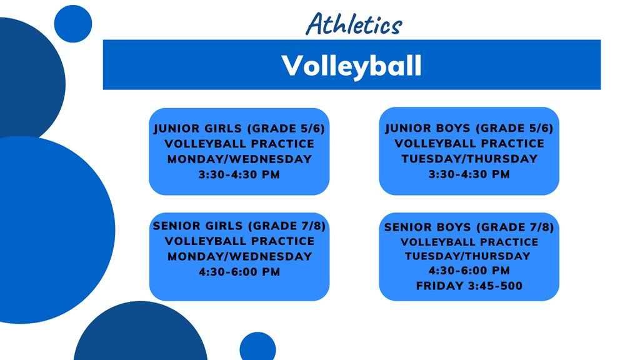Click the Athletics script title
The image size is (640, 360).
(x=354, y=24)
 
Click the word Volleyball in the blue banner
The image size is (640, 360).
(x=351, y=66)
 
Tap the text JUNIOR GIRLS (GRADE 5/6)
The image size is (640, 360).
(x=239, y=129)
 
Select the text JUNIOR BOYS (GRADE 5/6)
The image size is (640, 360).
(x=469, y=128)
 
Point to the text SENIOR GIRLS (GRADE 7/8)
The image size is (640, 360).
(x=239, y=226)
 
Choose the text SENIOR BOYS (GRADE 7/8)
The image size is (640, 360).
(x=469, y=227)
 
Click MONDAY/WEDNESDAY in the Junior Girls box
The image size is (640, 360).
(x=239, y=159)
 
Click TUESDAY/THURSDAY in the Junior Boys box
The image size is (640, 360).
(x=469, y=159)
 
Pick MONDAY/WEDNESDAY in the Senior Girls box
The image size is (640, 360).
(x=239, y=256)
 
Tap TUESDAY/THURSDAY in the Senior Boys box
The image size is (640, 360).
(x=467, y=256)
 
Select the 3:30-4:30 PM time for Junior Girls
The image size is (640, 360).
(x=239, y=175)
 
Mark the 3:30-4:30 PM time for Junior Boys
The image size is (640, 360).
(x=469, y=174)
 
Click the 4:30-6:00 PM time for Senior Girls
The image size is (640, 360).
(x=239, y=272)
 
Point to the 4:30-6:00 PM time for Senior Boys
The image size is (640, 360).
(x=469, y=271)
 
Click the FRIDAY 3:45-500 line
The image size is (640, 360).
(x=469, y=286)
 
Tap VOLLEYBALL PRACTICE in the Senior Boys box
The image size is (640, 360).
(x=469, y=242)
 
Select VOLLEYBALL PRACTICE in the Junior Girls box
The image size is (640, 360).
(x=239, y=144)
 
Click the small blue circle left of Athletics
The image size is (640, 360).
(x=73, y=24)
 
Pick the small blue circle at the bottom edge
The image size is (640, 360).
(x=257, y=346)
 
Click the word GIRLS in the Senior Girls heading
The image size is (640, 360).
(x=224, y=226)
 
